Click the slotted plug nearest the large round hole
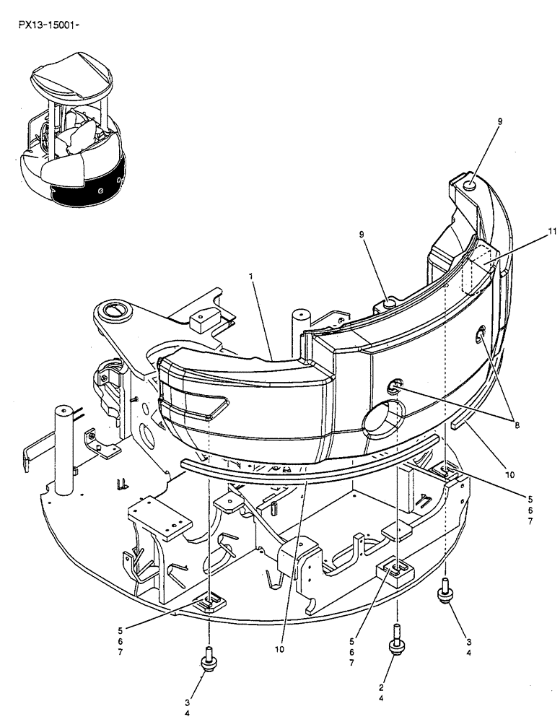pos(393,389)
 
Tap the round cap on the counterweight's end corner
pos(469,186)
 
